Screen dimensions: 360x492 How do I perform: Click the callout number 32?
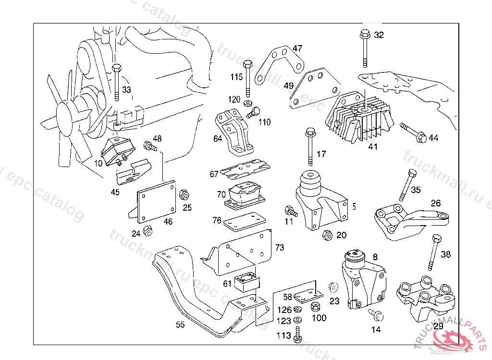(x=379, y=35)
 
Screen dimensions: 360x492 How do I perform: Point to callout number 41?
(x=373, y=147)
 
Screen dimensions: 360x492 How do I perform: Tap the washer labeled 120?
(x=248, y=104)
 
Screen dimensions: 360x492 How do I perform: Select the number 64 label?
(x=218, y=139)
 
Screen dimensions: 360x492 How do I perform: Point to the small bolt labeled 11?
(x=291, y=211)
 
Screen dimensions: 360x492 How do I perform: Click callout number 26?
(x=435, y=203)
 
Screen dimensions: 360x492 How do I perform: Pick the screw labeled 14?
(x=375, y=314)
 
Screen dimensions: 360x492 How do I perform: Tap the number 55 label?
(x=180, y=324)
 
